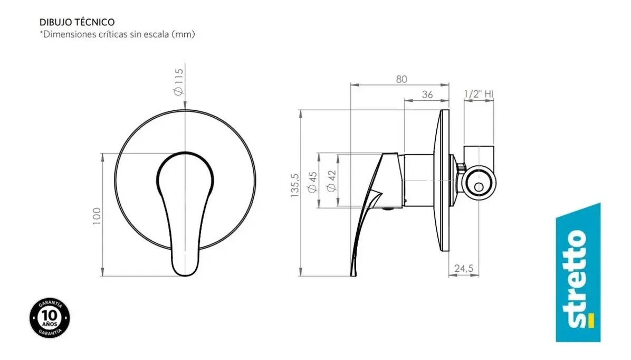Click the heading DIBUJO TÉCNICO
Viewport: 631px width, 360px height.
click(77, 22)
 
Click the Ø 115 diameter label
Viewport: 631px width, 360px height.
click(178, 82)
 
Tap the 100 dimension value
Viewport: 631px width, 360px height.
click(97, 216)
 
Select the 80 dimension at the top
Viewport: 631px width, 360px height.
click(401, 79)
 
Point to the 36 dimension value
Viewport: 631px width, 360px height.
click(427, 94)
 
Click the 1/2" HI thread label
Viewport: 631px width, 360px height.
click(479, 94)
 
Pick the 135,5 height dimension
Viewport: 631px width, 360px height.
click(295, 185)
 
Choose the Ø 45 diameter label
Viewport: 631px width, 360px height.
click(312, 183)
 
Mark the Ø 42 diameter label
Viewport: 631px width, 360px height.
click(331, 181)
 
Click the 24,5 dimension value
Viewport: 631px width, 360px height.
click(464, 268)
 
